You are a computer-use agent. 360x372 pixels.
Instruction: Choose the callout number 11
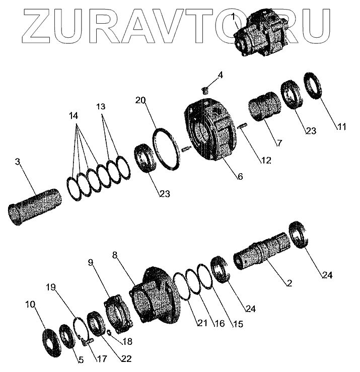tap(342, 127)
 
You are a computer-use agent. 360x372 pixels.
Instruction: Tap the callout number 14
tap(74, 115)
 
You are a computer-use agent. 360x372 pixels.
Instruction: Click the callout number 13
tap(101, 107)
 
